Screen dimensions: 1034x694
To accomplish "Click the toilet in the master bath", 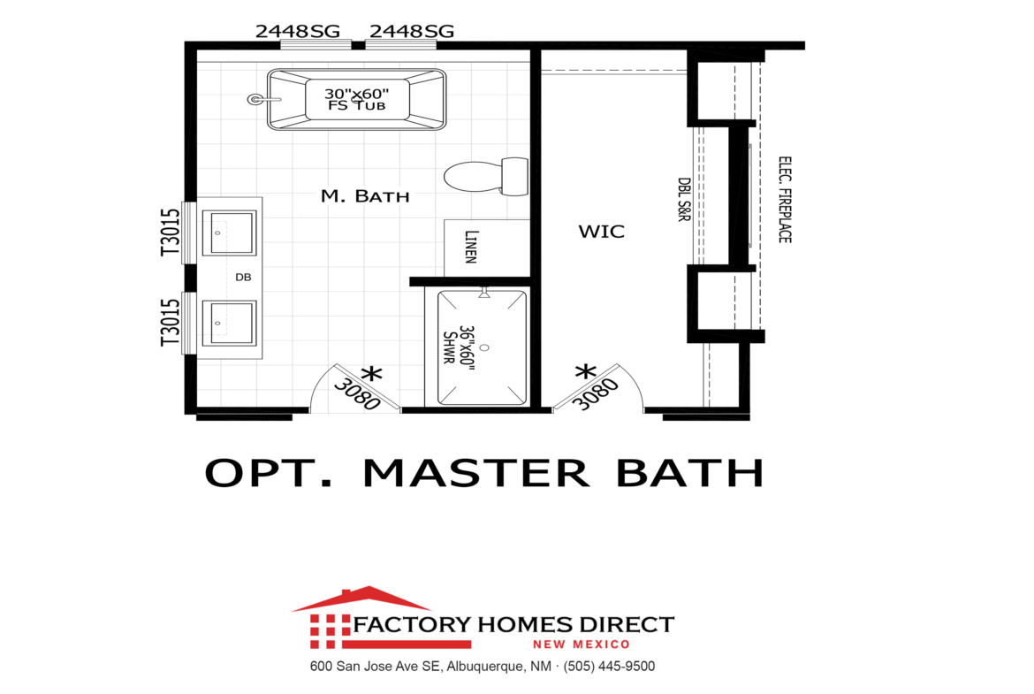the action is pyautogui.click(x=486, y=176).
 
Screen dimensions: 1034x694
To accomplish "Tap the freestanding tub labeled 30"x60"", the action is pyautogui.click(x=356, y=100).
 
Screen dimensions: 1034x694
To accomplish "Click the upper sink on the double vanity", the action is pyautogui.click(x=229, y=233).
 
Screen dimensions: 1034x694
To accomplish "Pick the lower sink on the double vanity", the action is pyautogui.click(x=229, y=323).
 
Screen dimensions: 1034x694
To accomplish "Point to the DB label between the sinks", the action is pyautogui.click(x=243, y=278).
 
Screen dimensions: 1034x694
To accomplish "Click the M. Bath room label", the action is pyautogui.click(x=365, y=196).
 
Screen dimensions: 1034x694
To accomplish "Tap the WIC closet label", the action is pyautogui.click(x=602, y=232).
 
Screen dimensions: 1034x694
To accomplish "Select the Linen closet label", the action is pyautogui.click(x=471, y=247).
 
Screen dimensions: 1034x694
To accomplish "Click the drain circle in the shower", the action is pyautogui.click(x=484, y=347).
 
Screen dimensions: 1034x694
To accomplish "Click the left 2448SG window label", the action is pyautogui.click(x=298, y=31).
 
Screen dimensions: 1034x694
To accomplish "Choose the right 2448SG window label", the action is pyautogui.click(x=412, y=31).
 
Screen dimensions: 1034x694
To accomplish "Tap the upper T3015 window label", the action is pyautogui.click(x=171, y=233).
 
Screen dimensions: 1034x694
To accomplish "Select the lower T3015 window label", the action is pyautogui.click(x=171, y=322).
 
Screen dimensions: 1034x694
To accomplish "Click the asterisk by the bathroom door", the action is pyautogui.click(x=373, y=374).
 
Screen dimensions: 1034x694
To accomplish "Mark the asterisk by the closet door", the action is pyautogui.click(x=586, y=373).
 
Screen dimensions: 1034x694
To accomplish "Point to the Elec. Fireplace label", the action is pyautogui.click(x=785, y=200).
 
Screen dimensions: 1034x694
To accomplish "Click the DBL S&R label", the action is pyautogui.click(x=684, y=199).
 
